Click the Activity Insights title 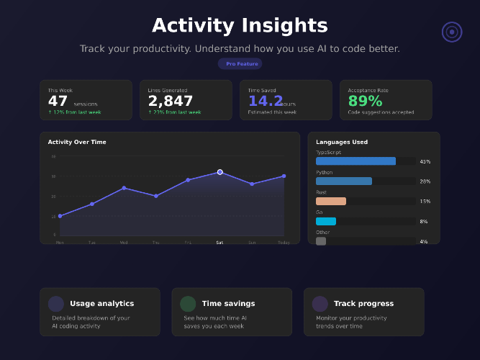pyautogui.click(x=240, y=26)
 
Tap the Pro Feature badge pyautogui.click(x=240, y=63)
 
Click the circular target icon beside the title pyautogui.click(x=452, y=32)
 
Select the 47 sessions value pyautogui.click(x=58, y=102)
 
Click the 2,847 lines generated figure pyautogui.click(x=171, y=102)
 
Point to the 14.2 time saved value pyautogui.click(x=266, y=102)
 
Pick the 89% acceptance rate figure pyautogui.click(x=365, y=102)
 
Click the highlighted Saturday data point pyautogui.click(x=219, y=172)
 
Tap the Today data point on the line pyautogui.click(x=284, y=176)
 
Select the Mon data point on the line pyautogui.click(x=60, y=216)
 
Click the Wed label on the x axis pyautogui.click(x=124, y=243)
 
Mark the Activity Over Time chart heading pyautogui.click(x=77, y=142)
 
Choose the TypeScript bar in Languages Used pyautogui.click(x=356, y=161)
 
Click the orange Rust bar pyautogui.click(x=331, y=202)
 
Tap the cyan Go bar pyautogui.click(x=326, y=222)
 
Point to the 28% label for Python pyautogui.click(x=425, y=181)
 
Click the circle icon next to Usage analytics pyautogui.click(x=56, y=304)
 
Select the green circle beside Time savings pyautogui.click(x=188, y=304)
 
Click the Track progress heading pyautogui.click(x=363, y=304)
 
